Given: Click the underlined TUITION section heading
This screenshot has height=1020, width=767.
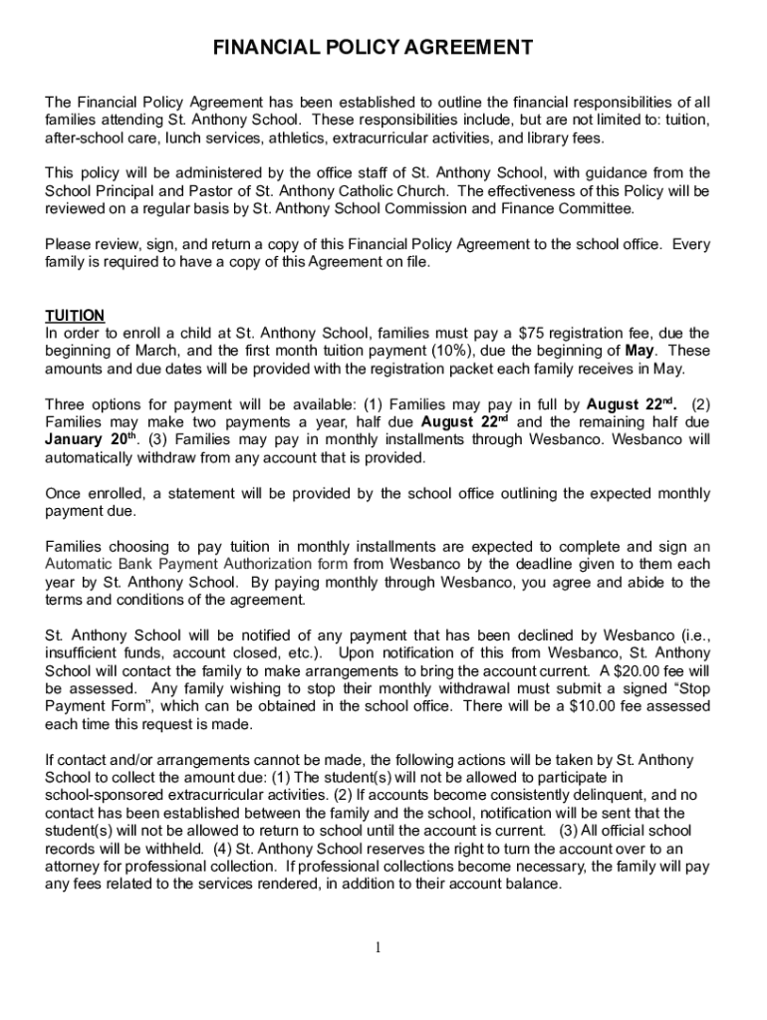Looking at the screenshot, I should click(76, 316).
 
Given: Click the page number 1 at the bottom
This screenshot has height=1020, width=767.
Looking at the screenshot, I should click(380, 947).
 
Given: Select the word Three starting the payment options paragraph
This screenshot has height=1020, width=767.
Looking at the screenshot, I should click(69, 404).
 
